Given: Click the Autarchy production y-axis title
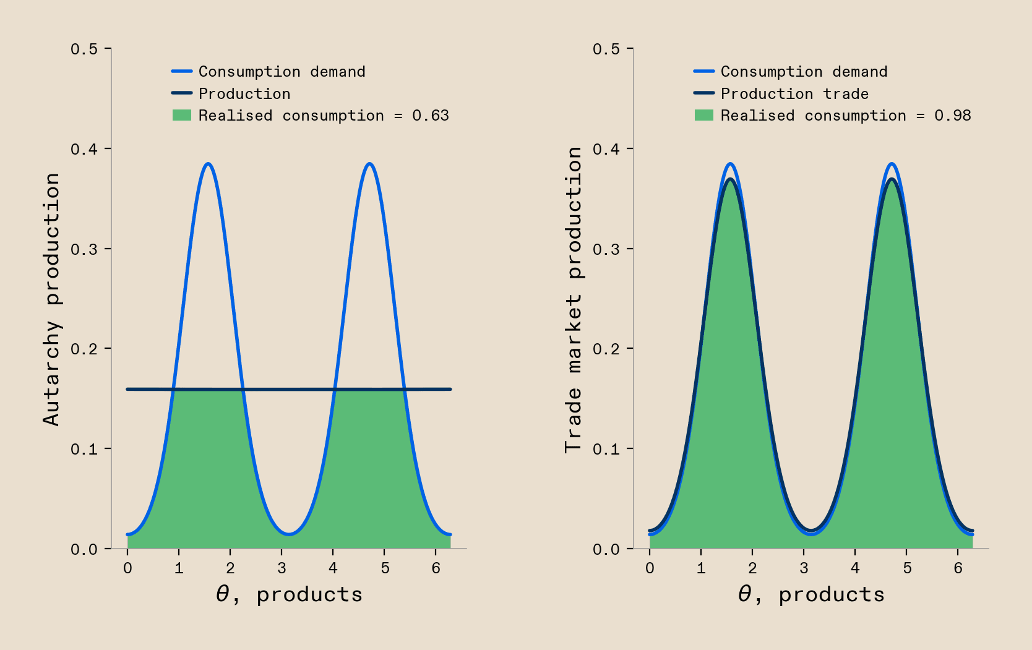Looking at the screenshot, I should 52,299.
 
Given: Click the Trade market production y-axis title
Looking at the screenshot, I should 574,299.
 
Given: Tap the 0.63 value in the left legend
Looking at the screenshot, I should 431,116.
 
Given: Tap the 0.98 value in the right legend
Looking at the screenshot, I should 953,116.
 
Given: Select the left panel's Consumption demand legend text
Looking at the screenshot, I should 282,72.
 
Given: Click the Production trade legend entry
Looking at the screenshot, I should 794,94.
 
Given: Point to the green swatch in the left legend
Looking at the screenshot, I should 182,116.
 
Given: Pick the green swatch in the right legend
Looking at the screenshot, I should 704,116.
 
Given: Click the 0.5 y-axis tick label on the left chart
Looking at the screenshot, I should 84,49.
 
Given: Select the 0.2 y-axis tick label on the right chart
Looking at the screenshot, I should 606,349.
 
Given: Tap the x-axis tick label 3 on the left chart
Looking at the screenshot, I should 282,568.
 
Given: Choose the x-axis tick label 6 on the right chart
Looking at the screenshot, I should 958,568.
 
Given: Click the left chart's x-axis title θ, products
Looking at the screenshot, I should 289,594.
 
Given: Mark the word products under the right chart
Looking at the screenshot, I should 832,594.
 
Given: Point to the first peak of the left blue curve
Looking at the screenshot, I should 209,164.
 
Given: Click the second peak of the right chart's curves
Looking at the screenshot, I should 892,166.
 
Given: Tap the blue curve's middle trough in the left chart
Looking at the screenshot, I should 288,534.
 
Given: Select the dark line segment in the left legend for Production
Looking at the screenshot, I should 182,93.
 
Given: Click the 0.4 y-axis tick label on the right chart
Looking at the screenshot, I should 606,149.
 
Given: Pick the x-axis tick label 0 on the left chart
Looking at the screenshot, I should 127,568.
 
